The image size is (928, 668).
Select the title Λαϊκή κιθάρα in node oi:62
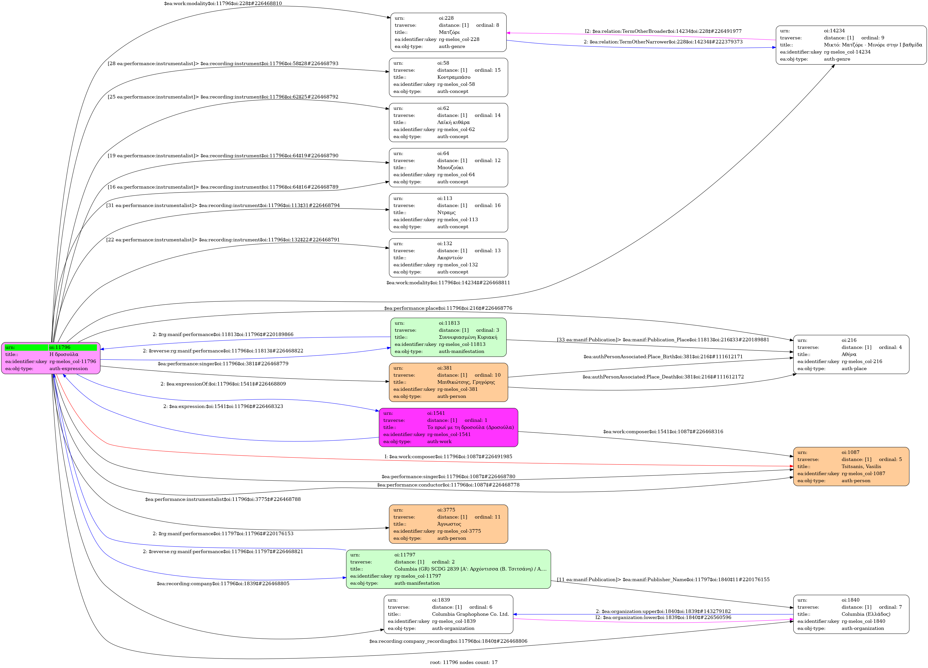(x=453, y=122)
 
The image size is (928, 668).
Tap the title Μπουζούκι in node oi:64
(x=450, y=167)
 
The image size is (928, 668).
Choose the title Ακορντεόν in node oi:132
(x=450, y=258)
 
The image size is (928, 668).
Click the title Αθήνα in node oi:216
(x=849, y=354)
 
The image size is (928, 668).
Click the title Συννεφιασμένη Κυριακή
(x=468, y=337)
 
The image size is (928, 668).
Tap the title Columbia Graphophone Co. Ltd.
(x=470, y=614)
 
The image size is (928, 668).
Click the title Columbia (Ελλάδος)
(x=865, y=614)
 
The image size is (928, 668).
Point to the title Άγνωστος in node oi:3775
(x=449, y=524)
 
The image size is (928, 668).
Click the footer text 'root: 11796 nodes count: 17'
(x=464, y=662)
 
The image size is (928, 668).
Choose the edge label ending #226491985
(x=448, y=456)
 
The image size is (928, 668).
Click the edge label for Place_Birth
(x=663, y=356)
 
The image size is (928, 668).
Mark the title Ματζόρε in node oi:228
(x=449, y=32)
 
